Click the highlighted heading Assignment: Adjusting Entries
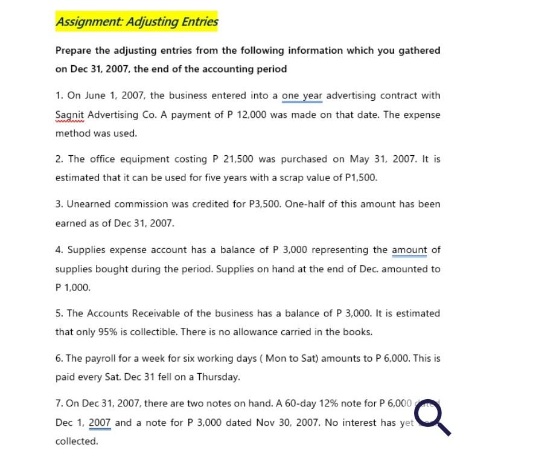pos(137,22)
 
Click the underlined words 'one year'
pos(302,95)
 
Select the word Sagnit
pos(70,115)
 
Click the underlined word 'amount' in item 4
pos(409,250)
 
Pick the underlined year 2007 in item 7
pos(100,423)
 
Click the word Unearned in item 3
pos(89,204)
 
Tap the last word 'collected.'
pos(77,441)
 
